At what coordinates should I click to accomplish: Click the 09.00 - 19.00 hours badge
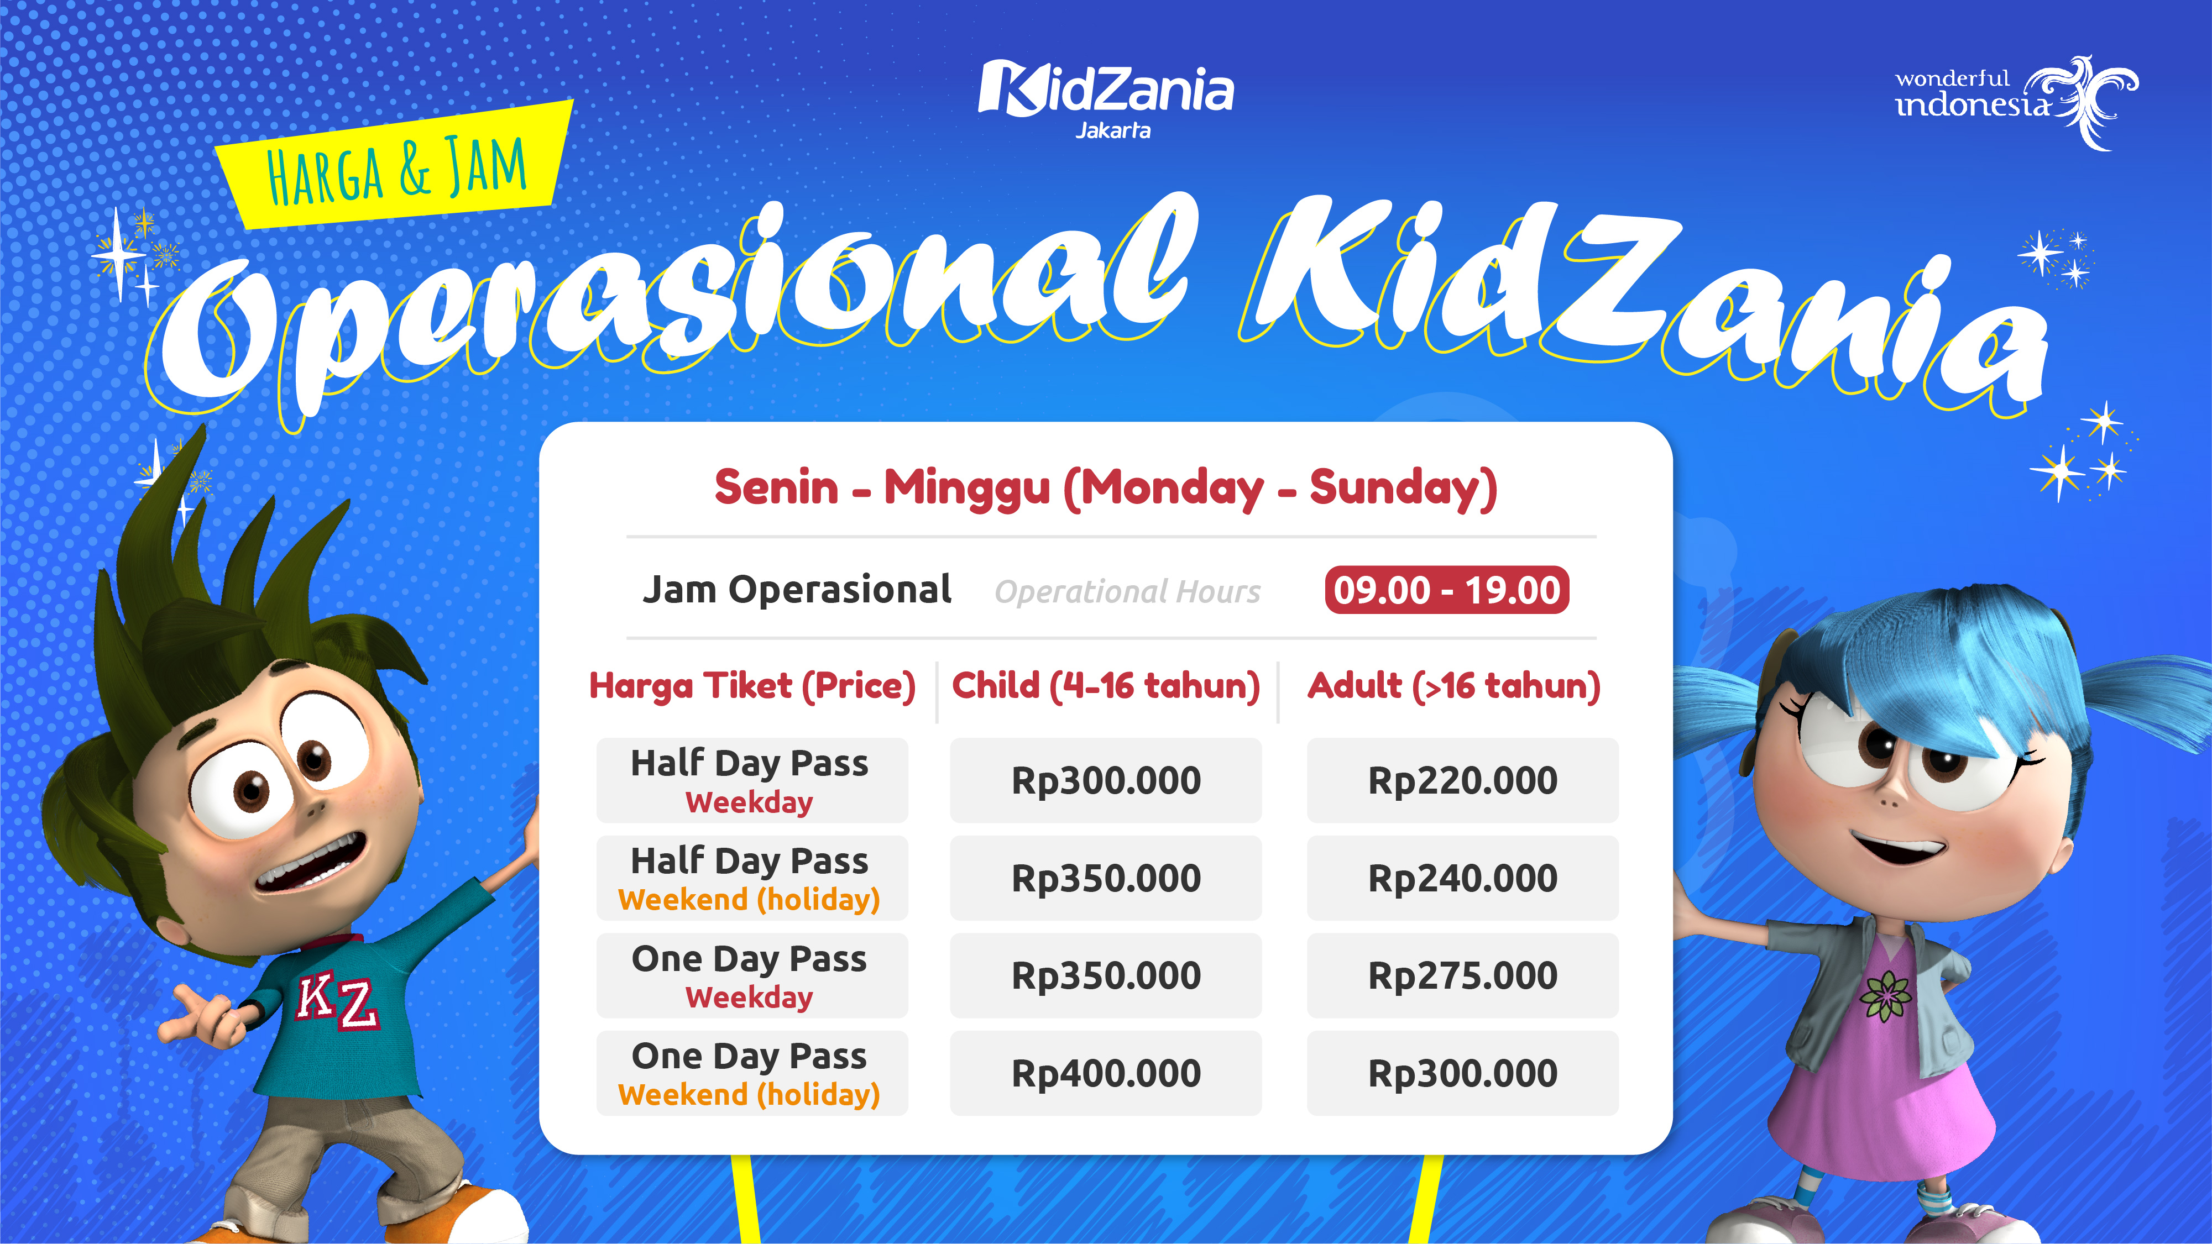click(x=1446, y=590)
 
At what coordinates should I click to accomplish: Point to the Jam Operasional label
click(x=797, y=590)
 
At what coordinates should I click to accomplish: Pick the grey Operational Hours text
click(x=1127, y=591)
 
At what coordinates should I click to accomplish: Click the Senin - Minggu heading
click(x=1106, y=487)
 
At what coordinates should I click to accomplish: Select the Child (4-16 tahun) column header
click(x=1106, y=686)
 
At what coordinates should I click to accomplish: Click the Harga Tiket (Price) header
click(x=752, y=686)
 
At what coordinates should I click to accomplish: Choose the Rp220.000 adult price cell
click(x=1462, y=780)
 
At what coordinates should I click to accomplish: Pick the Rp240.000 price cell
click(x=1462, y=878)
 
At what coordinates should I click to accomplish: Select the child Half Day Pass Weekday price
click(x=1106, y=780)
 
